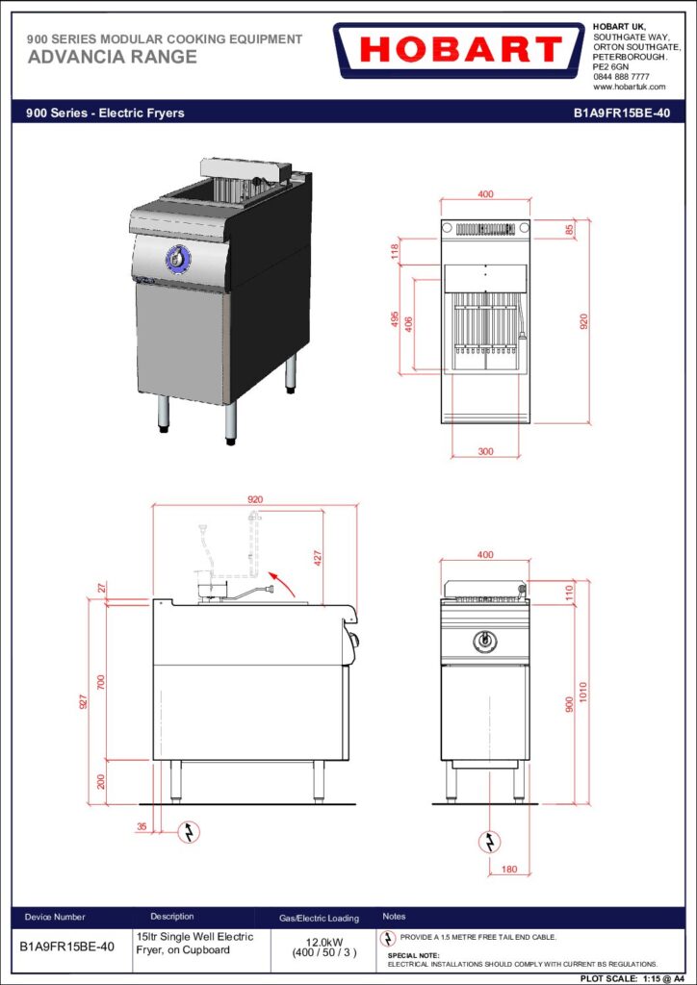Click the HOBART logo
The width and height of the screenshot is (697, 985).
point(459,50)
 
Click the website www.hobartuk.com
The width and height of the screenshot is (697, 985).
point(629,87)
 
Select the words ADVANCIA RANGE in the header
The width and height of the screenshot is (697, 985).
point(112,57)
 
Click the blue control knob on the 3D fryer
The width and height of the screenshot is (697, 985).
point(178,259)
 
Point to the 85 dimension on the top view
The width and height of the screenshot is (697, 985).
point(569,229)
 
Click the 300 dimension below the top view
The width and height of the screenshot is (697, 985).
point(485,451)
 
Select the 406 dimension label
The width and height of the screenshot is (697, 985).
point(408,325)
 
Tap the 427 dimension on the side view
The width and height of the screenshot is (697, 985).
point(318,559)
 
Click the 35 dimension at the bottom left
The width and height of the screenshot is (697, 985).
point(142,826)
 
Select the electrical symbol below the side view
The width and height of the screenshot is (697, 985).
point(189,832)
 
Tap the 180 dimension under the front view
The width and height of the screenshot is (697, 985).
point(510,870)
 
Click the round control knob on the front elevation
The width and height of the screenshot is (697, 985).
point(484,640)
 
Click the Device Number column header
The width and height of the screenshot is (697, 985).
point(55,917)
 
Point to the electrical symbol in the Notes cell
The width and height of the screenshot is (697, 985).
point(390,938)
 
